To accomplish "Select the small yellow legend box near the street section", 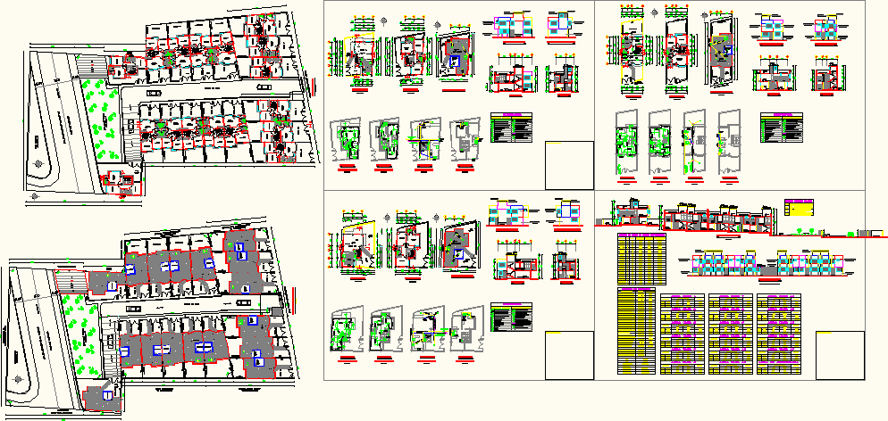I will pos(799,208).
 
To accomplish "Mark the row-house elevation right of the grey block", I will pos(808,265).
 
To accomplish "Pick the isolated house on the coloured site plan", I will pos(118,182).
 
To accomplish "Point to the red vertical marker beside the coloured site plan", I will pos(314,83).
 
